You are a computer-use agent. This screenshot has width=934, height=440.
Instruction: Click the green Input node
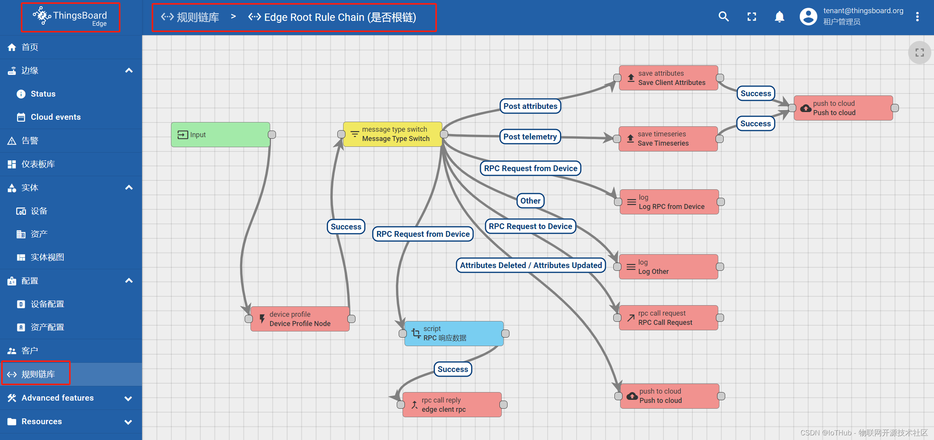[x=220, y=134]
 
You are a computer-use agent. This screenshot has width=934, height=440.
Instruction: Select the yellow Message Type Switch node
[x=393, y=134]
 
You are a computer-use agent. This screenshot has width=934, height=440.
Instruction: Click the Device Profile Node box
[x=300, y=319]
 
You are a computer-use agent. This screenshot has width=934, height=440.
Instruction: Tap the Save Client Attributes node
[x=668, y=78]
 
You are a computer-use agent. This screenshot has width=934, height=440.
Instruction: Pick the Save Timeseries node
[x=668, y=139]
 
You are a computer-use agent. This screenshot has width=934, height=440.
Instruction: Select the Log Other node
[x=668, y=267]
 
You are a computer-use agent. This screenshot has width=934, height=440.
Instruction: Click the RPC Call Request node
[x=668, y=318]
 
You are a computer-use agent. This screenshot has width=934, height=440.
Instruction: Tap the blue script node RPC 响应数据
[x=454, y=333]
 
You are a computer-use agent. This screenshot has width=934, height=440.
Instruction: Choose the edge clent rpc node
[x=452, y=405]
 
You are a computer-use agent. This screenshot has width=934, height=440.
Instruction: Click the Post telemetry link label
[x=530, y=137]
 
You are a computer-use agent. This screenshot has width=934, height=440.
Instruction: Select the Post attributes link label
[x=530, y=106]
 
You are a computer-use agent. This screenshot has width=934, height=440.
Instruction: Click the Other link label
[x=530, y=201]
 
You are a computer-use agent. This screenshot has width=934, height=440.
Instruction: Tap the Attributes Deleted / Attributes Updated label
[x=531, y=265]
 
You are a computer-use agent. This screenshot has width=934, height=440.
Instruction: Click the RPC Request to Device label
[x=530, y=226]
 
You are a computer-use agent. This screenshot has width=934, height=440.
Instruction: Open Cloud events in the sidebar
[x=56, y=117]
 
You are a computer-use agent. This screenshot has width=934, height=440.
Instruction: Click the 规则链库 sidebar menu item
[x=38, y=374]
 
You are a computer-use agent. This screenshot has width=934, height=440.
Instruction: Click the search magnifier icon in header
[x=724, y=17]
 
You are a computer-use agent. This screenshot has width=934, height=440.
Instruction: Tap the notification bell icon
[x=779, y=17]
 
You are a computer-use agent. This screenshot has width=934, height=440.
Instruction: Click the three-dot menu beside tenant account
[x=917, y=17]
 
